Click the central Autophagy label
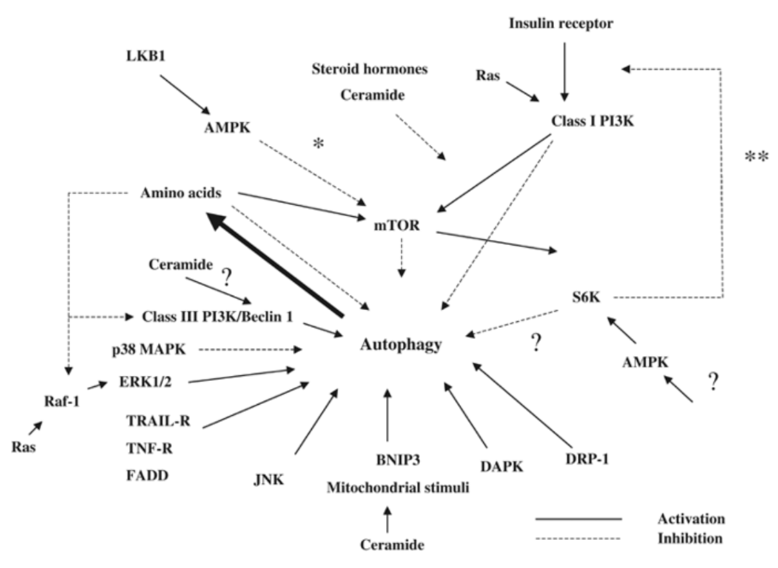coord(401,345)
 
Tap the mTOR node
coord(397,225)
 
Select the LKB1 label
coord(146,56)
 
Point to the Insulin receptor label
coord(561,23)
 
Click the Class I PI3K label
coord(592,121)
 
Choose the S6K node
coord(586,297)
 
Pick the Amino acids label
coord(180,192)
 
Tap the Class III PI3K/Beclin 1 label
coord(217,316)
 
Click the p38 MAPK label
coord(149,350)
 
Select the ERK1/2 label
coord(145,382)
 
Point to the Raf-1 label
coord(62,401)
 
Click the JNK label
coord(268,479)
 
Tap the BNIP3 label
coord(398,460)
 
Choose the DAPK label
coord(502,466)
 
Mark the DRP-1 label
coord(587,459)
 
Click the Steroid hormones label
coord(370,69)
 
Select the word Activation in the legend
coord(691,519)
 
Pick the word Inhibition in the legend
coord(690,538)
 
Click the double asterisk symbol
coord(757,158)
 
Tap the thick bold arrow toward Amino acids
coord(275,264)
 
